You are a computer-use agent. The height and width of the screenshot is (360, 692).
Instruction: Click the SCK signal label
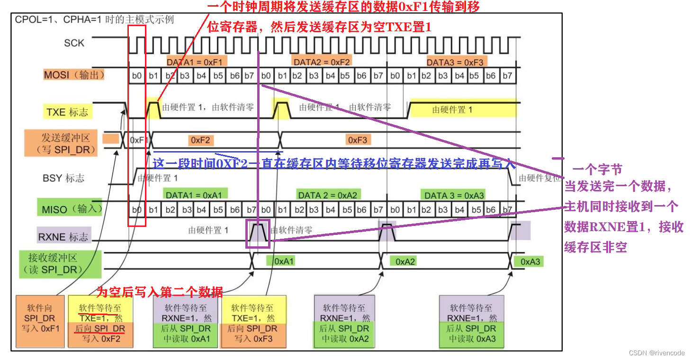74,43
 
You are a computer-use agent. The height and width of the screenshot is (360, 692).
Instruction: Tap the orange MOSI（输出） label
74,75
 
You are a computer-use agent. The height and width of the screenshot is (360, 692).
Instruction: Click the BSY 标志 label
63,178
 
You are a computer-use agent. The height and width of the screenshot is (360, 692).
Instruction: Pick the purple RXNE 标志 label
63,236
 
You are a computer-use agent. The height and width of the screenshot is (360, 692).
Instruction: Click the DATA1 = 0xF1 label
197,62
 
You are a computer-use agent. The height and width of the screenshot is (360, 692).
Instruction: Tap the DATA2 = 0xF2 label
322,62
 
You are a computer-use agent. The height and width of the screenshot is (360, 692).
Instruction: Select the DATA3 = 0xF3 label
455,62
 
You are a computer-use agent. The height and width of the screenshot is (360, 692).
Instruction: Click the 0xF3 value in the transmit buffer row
358,140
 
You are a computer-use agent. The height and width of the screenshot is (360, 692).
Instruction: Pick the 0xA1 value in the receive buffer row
284,261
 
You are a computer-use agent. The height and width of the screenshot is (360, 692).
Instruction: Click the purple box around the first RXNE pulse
257,234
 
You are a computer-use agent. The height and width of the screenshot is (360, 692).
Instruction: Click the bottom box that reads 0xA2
344,321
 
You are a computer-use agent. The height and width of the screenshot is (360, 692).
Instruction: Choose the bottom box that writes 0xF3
253,321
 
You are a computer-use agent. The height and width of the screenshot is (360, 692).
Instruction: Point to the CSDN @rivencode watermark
656,353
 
